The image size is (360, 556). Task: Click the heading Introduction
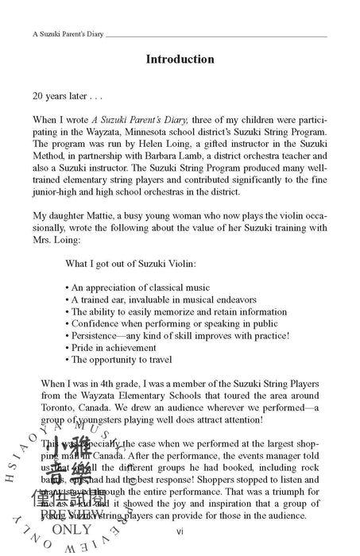tap(180, 59)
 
